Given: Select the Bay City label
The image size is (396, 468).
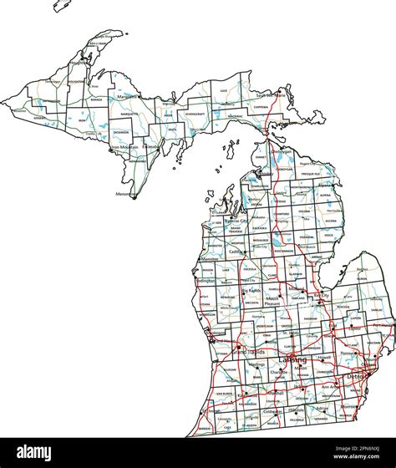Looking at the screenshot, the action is tap(322, 296).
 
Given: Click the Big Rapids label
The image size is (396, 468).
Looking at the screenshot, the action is tap(251, 291).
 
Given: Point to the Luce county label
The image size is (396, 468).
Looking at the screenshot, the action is tap(223, 90).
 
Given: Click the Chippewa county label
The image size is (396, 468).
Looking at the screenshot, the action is tap(261, 107).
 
